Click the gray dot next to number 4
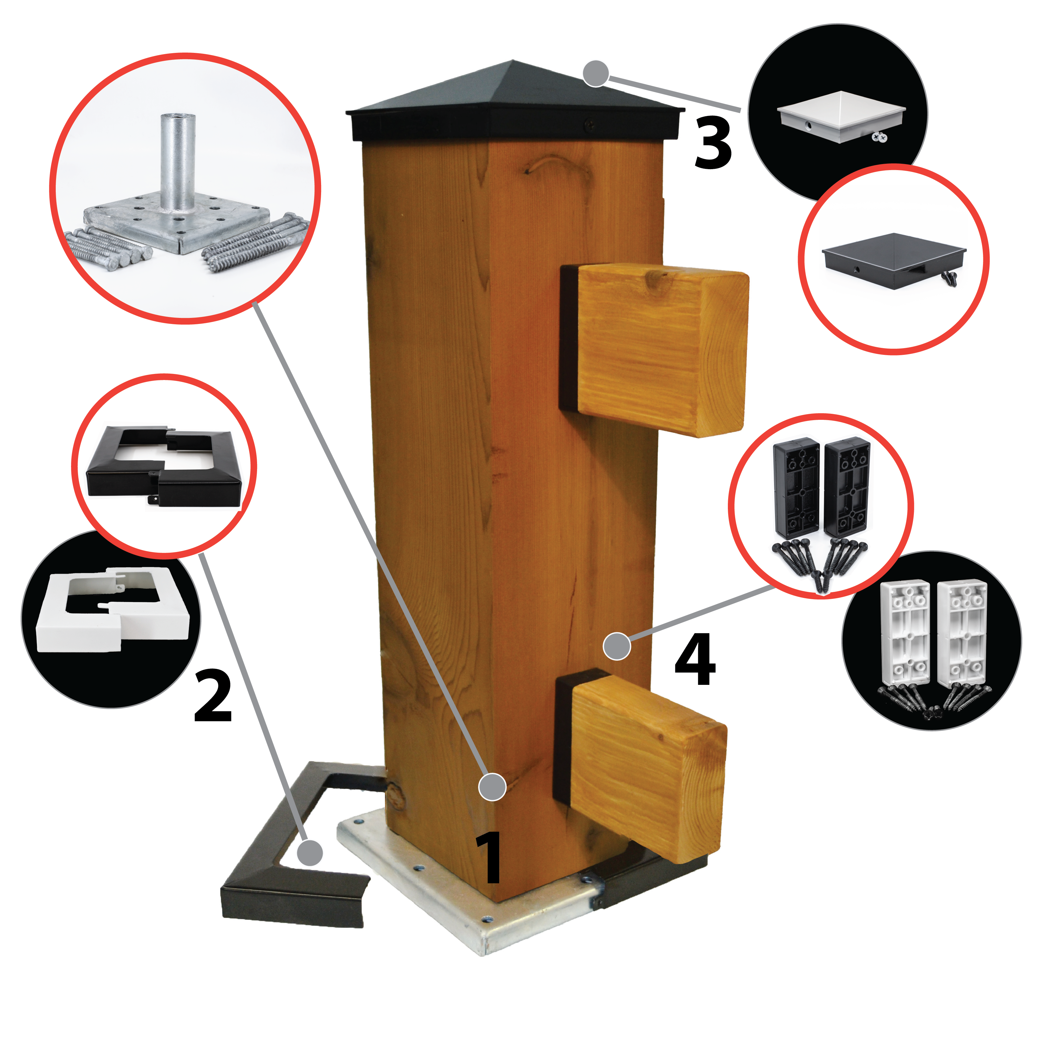(617, 646)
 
